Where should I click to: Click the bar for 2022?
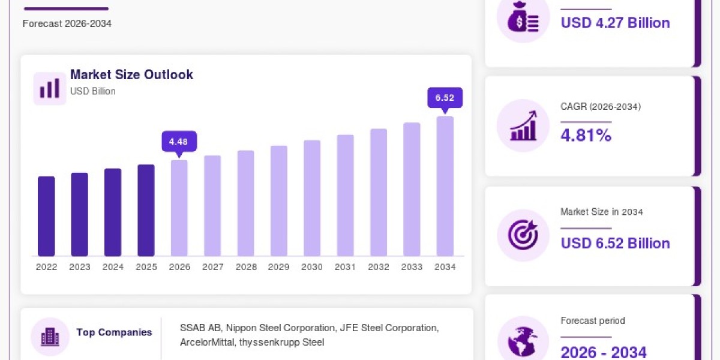click(x=46, y=216)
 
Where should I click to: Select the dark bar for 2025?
click(x=146, y=210)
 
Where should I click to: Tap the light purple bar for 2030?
click(x=312, y=198)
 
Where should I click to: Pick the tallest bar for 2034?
click(x=445, y=186)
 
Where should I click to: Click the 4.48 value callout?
click(x=179, y=142)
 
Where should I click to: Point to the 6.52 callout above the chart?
click(x=445, y=98)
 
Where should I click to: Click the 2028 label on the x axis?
click(x=246, y=267)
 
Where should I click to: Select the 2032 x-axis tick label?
click(x=379, y=267)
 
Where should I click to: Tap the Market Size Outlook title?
click(x=131, y=74)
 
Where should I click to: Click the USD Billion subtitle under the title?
click(x=93, y=91)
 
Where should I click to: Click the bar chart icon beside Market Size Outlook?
click(x=50, y=88)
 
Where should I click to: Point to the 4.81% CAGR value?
click(x=586, y=135)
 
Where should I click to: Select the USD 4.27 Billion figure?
click(x=615, y=23)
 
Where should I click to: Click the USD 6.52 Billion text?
click(x=615, y=244)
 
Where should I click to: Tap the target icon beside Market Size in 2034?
click(x=523, y=235)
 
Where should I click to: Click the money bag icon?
click(x=523, y=17)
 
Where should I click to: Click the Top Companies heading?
click(x=114, y=332)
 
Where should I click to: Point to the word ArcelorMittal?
click(x=207, y=343)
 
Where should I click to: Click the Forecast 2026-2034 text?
click(x=67, y=24)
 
